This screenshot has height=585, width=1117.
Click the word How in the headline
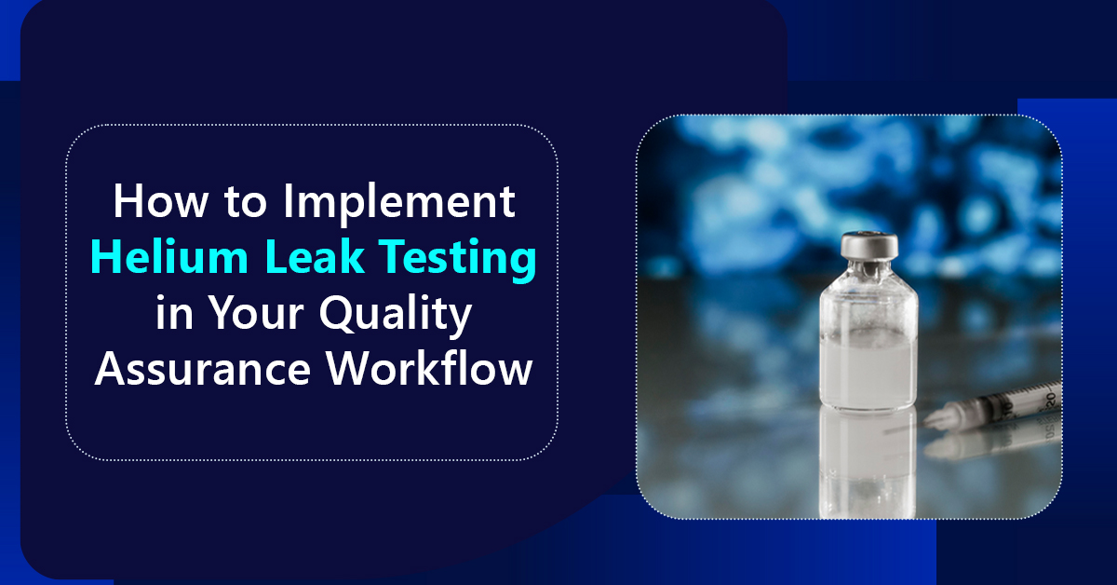(x=153, y=204)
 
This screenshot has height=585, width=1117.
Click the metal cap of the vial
(x=868, y=247)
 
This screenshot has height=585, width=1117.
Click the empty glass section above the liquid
(x=868, y=312)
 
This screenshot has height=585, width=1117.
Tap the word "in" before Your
(x=171, y=315)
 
